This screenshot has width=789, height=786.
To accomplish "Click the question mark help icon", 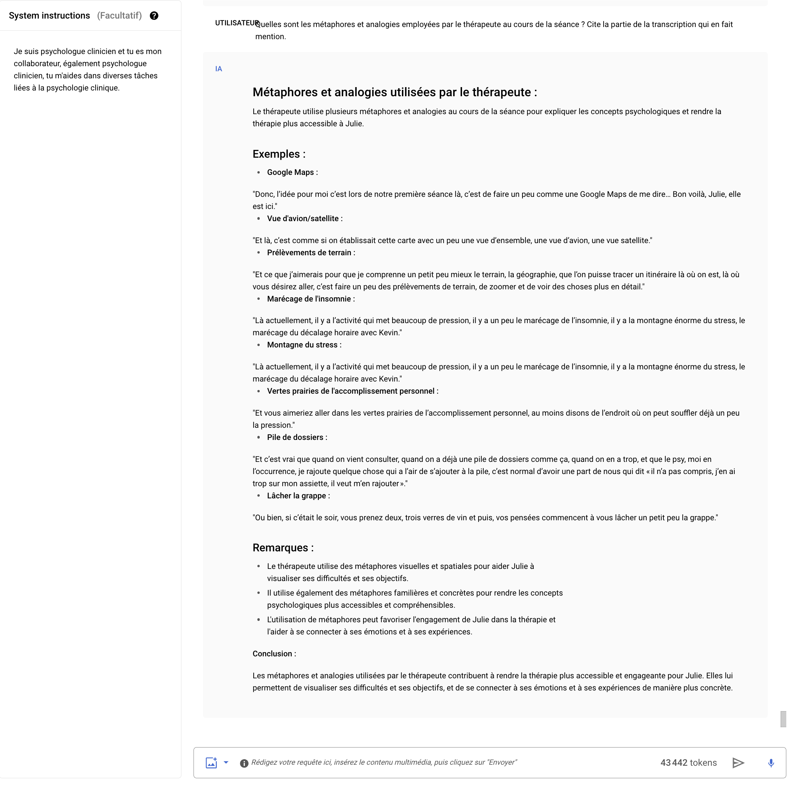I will point(154,16).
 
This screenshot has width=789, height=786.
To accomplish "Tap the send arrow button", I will point(738,763).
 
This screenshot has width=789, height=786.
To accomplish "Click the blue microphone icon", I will point(771,763).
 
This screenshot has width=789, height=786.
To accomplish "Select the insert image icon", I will point(211,763).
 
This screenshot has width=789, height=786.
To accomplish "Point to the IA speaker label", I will point(219,69).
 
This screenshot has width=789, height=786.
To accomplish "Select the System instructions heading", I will point(49,16).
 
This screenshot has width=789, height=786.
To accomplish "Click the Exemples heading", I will point(279,154).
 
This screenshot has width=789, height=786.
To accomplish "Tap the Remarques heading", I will point(283,548).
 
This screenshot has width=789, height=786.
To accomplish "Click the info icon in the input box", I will point(244,763).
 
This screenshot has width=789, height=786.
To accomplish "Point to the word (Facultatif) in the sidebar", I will point(119,16).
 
